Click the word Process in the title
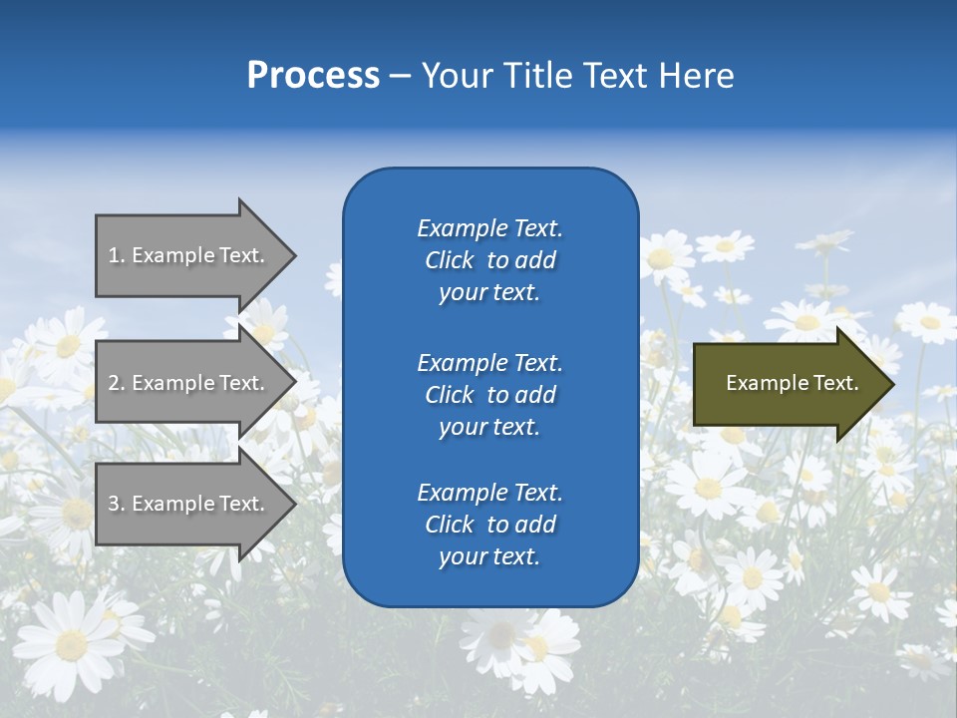pyautogui.click(x=313, y=76)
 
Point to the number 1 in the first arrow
pyautogui.click(x=113, y=255)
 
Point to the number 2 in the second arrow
pyautogui.click(x=114, y=383)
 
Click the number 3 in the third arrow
pyautogui.click(x=114, y=504)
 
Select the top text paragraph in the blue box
pyautogui.click(x=489, y=260)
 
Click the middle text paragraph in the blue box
pyautogui.click(x=489, y=395)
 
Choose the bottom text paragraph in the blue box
pyautogui.click(x=489, y=525)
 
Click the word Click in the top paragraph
pyautogui.click(x=450, y=260)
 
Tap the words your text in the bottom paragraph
pyautogui.click(x=489, y=556)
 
